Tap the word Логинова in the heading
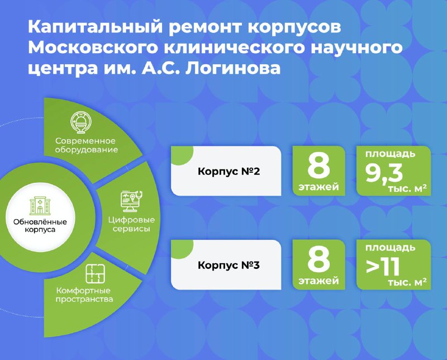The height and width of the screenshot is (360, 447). (x=233, y=68)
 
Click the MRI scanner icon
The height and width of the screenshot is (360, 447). (x=82, y=122)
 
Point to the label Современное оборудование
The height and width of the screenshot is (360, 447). (x=86, y=145)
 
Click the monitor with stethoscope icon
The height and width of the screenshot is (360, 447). (x=131, y=201)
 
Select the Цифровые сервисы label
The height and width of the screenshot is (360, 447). (x=131, y=224)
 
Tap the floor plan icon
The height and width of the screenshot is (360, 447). (x=96, y=273)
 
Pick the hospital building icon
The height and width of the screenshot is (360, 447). (x=40, y=205)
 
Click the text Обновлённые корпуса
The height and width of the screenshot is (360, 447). (x=40, y=226)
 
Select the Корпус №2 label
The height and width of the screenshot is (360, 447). (x=229, y=172)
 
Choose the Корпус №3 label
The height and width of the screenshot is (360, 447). (x=229, y=266)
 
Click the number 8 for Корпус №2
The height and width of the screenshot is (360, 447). (x=318, y=165)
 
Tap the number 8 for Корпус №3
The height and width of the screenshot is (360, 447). (x=318, y=259)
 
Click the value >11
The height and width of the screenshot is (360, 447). (x=383, y=267)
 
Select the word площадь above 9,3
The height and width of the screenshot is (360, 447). (x=390, y=154)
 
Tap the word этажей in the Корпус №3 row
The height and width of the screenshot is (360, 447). (x=318, y=281)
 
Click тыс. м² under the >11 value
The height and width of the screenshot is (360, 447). (x=407, y=282)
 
